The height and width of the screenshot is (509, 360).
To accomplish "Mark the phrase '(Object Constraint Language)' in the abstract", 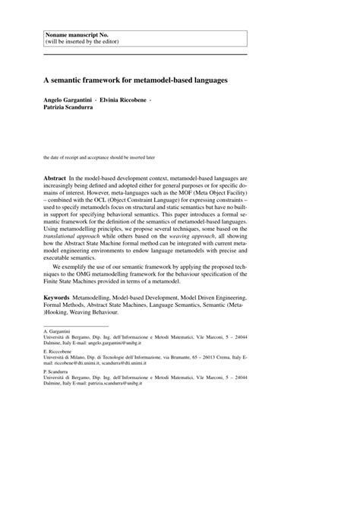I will point(155,217).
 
